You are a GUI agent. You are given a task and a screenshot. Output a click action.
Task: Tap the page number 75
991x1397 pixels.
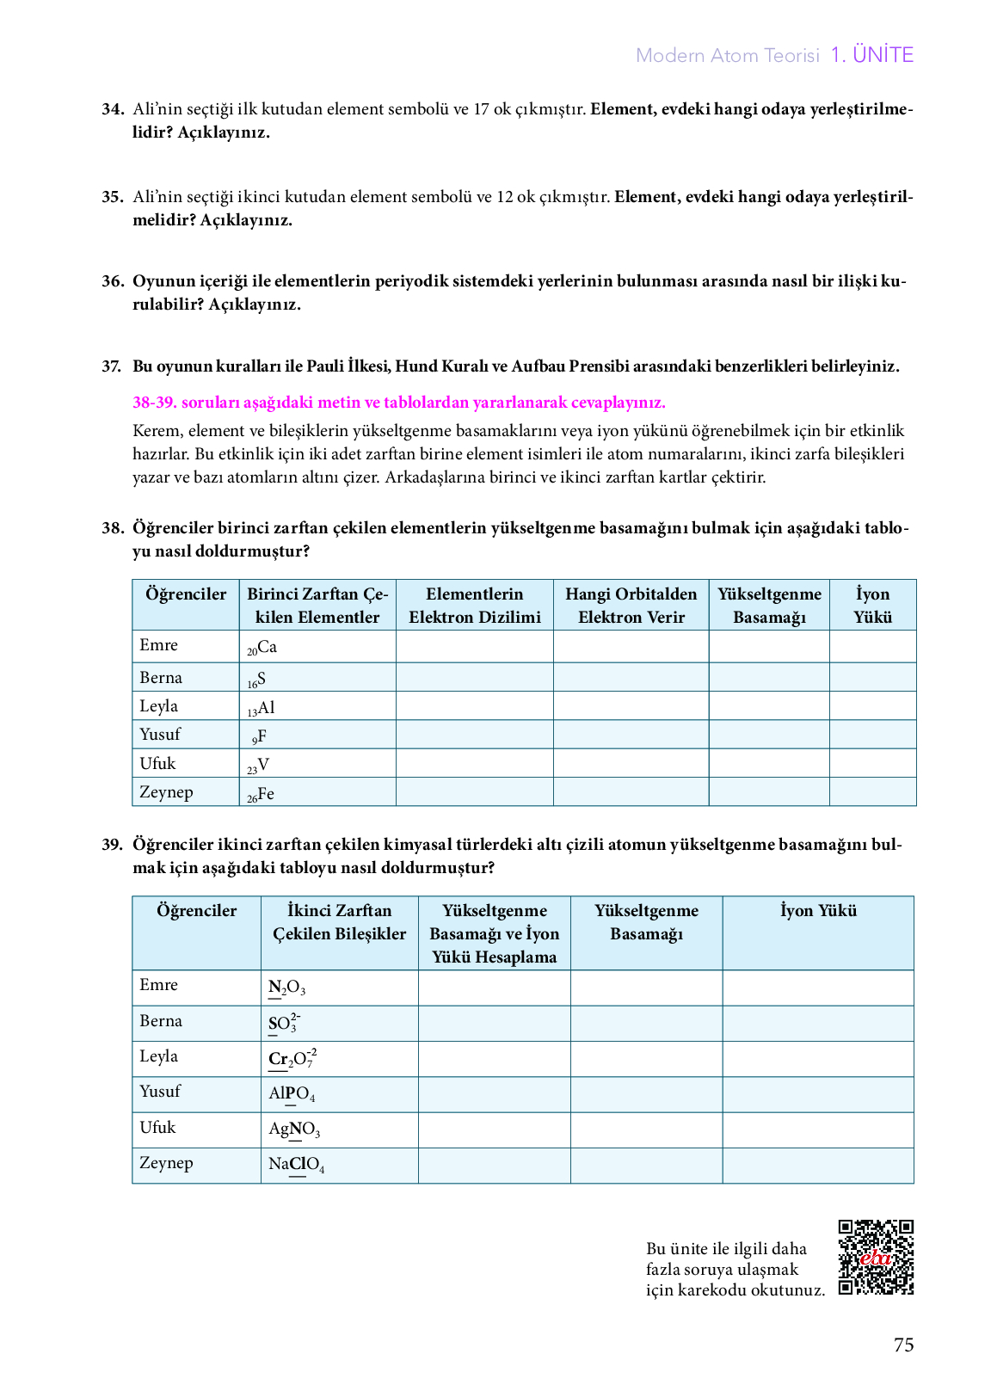coord(903,1345)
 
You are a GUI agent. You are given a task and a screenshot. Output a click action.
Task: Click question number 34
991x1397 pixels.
coord(113,109)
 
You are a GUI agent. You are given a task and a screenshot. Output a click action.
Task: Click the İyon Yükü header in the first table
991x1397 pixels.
coord(872,606)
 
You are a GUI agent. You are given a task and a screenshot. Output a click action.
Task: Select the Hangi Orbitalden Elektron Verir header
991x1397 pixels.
coord(631,606)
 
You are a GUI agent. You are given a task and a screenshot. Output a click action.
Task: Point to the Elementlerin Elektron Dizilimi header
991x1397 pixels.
coord(474,606)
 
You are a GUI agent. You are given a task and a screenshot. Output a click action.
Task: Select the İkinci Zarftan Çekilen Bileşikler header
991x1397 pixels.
coord(339,922)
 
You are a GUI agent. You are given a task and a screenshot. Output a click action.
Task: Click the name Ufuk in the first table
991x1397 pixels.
coord(157,764)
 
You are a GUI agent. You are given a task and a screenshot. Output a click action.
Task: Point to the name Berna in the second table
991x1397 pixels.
coord(161,1021)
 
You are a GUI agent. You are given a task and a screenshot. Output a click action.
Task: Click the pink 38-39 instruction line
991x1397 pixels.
coord(399,403)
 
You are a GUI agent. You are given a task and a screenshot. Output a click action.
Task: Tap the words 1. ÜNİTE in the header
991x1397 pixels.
coord(871,55)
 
